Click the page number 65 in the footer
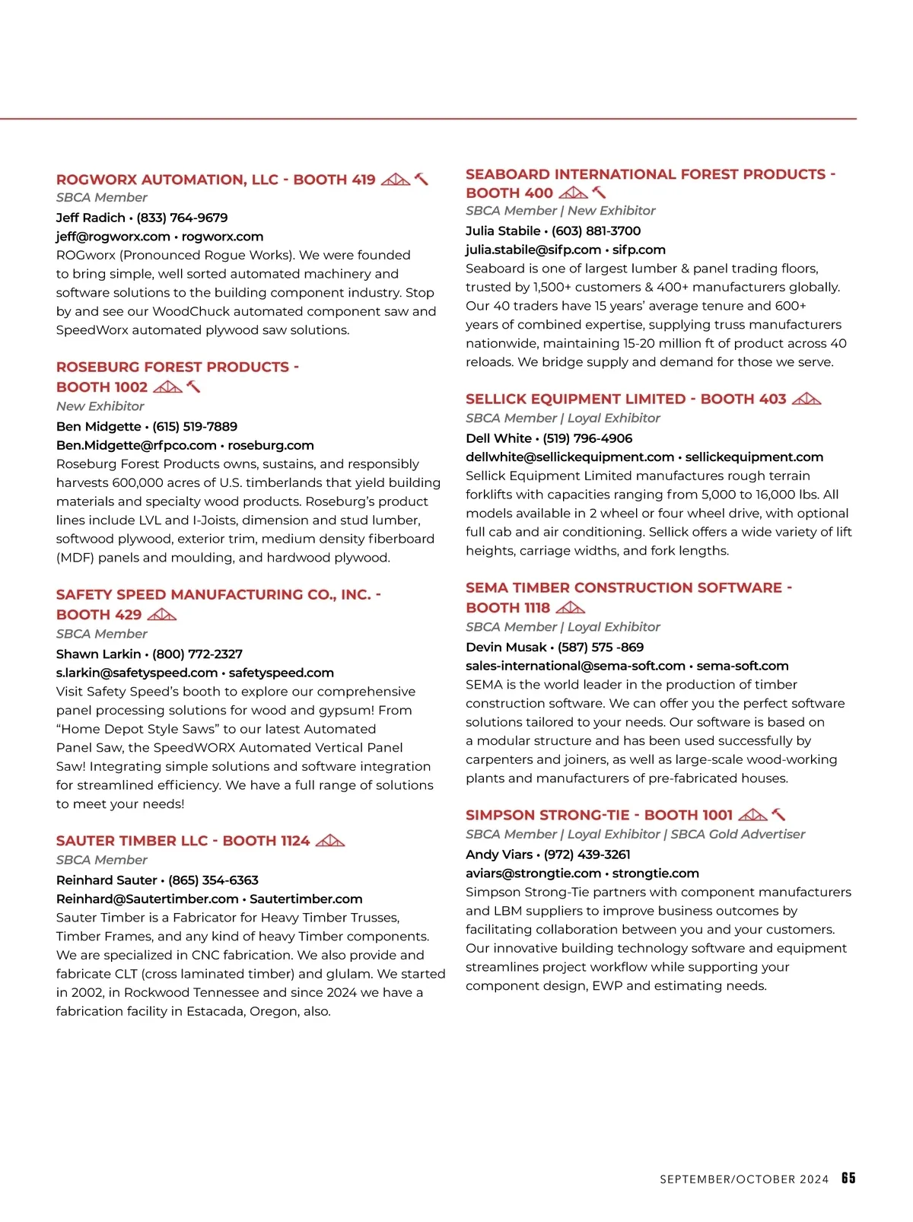848,1178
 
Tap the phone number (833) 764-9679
182,218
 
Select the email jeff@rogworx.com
113,237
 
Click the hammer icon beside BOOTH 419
422,180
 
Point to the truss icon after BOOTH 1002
167,387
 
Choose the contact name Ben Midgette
98,427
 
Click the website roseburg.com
271,445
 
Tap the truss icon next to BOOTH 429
161,615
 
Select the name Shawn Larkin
98,654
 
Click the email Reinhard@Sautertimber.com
147,899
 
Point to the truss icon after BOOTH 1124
329,841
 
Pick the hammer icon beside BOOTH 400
600,193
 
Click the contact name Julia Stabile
503,231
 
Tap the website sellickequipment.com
754,457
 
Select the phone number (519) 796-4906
587,438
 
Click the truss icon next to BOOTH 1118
571,608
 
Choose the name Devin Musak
506,648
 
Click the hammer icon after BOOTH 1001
778,815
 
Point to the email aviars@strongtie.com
533,874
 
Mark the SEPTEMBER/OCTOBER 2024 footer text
744,1179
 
